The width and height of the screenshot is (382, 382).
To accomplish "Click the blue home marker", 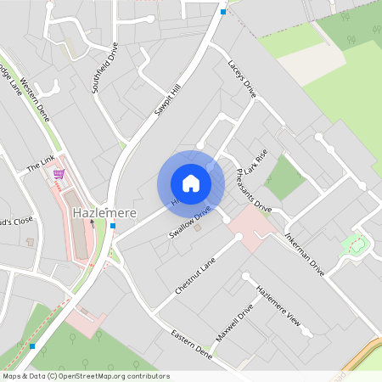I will click(x=190, y=183).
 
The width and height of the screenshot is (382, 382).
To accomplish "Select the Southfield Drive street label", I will click(x=106, y=71).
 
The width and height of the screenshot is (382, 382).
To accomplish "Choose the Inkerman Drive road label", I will click(x=305, y=246).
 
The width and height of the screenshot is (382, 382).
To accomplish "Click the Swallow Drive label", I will click(x=188, y=222).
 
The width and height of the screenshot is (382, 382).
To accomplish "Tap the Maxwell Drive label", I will click(x=234, y=323).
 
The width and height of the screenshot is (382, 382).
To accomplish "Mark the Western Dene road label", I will click(x=36, y=101).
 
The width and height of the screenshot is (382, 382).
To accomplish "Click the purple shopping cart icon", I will click(x=59, y=174).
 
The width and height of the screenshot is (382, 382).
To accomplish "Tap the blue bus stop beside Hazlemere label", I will click(x=113, y=226).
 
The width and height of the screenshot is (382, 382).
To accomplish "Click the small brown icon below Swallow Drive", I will click(x=198, y=228).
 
